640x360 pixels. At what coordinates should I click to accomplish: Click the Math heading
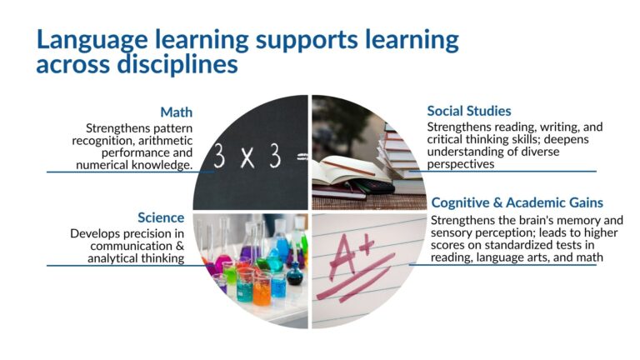click(177, 112)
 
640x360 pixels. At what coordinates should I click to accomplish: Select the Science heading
click(161, 217)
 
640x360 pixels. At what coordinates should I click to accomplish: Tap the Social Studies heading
click(469, 111)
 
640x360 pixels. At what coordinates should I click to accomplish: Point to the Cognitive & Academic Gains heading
click(517, 202)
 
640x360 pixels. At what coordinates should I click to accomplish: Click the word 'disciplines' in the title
click(177, 64)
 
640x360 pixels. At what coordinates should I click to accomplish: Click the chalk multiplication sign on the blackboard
click(247, 157)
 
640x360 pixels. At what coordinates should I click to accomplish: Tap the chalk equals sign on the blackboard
click(302, 157)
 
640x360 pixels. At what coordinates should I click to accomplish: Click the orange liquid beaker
click(261, 291)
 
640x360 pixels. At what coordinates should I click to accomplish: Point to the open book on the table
click(347, 171)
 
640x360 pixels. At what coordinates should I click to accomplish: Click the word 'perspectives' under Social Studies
click(461, 164)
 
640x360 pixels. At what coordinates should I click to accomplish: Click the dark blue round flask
click(295, 275)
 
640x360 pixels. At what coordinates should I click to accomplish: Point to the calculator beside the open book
click(372, 186)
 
